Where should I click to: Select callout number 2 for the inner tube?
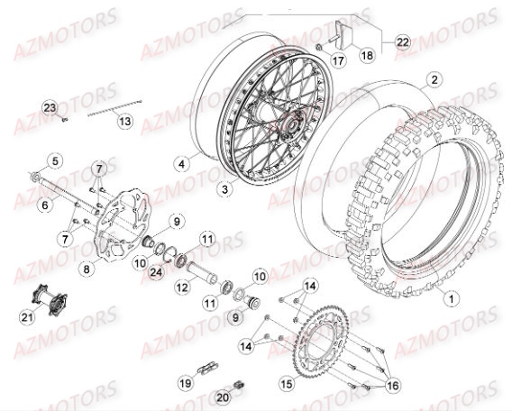tap(434, 79)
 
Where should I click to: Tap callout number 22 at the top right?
tap(402, 42)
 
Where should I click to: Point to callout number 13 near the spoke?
tap(124, 121)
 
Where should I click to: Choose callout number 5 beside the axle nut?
tap(55, 161)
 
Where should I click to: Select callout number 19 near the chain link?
tap(187, 382)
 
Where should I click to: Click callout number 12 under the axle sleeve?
tap(180, 287)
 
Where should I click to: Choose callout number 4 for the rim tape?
tap(182, 163)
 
